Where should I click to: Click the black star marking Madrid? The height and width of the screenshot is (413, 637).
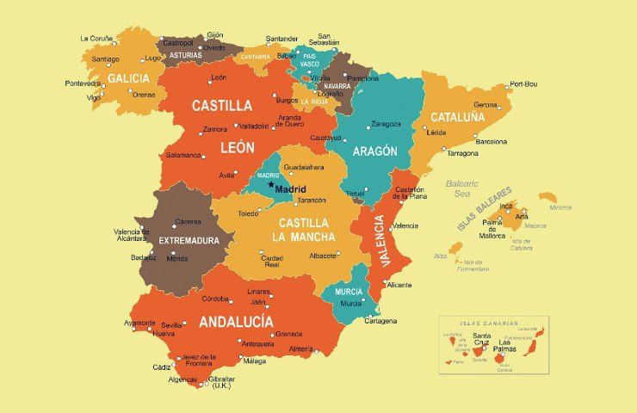(x=270, y=185)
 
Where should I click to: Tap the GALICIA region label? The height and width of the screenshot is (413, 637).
(x=128, y=78)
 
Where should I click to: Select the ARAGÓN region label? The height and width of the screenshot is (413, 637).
(x=374, y=151)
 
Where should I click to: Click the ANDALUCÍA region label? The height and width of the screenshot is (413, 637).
(x=236, y=323)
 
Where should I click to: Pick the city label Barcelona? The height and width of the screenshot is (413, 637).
(x=492, y=141)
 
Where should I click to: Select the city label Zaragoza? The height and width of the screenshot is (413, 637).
(x=384, y=124)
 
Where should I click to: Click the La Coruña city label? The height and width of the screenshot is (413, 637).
(x=96, y=38)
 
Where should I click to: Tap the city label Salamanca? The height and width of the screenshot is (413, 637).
(x=183, y=156)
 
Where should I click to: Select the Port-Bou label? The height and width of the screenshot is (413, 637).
(x=523, y=83)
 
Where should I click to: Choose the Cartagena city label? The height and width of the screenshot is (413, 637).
(x=380, y=321)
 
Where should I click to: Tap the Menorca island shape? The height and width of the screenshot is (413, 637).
(x=548, y=197)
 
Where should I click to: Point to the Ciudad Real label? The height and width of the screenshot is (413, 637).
(x=272, y=262)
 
